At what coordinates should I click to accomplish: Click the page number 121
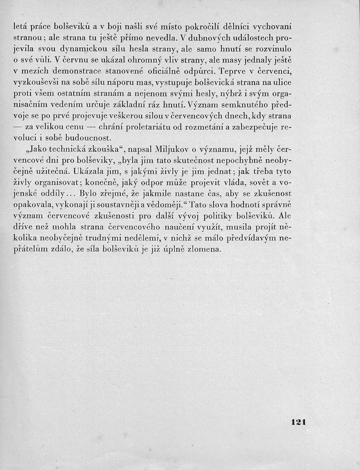click(301, 422)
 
